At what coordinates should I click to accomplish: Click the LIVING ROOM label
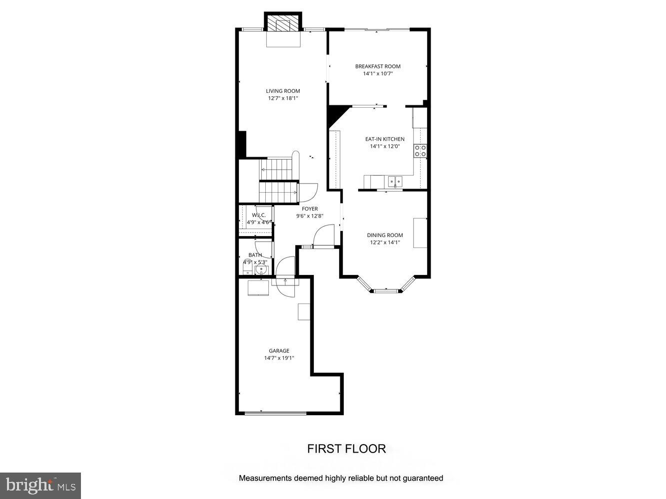(283, 91)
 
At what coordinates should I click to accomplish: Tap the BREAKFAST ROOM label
(378, 66)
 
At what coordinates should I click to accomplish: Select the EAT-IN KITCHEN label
(385, 139)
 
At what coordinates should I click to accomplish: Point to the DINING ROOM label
(385, 236)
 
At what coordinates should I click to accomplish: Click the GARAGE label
(279, 351)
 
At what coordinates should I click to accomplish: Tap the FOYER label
(310, 209)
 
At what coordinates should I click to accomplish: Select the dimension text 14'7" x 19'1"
(279, 358)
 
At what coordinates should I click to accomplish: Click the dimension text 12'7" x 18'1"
(283, 98)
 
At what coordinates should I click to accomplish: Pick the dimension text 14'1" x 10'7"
(378, 74)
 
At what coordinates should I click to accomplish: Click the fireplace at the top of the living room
(283, 23)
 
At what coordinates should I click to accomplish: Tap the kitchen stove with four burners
(420, 151)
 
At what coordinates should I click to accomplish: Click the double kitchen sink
(395, 181)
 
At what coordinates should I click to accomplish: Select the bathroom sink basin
(261, 270)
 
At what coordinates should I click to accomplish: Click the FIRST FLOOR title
(346, 449)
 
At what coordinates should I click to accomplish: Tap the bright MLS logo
(40, 485)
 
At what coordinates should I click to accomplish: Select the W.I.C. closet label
(258, 215)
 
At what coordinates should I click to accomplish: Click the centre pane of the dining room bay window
(385, 290)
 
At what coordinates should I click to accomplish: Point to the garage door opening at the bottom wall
(275, 413)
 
